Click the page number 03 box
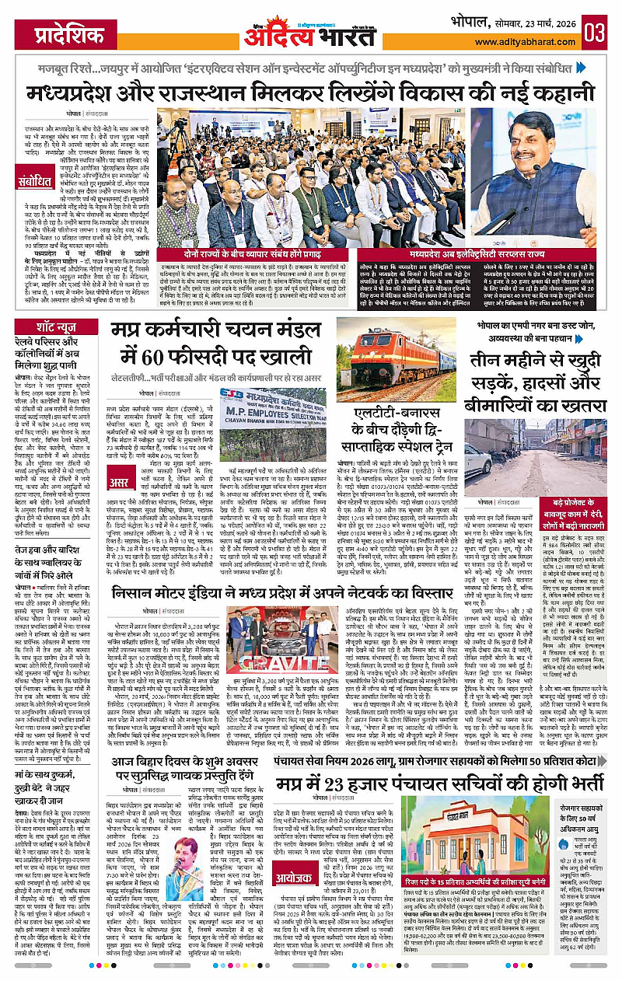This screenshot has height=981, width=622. (595, 33)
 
